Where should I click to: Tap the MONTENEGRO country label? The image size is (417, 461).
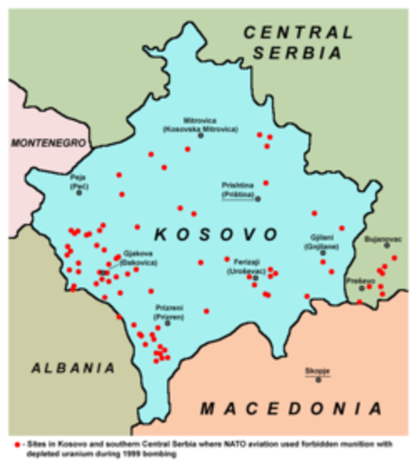click(48, 144)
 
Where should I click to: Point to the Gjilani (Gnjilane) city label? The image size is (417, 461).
click(323, 240)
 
